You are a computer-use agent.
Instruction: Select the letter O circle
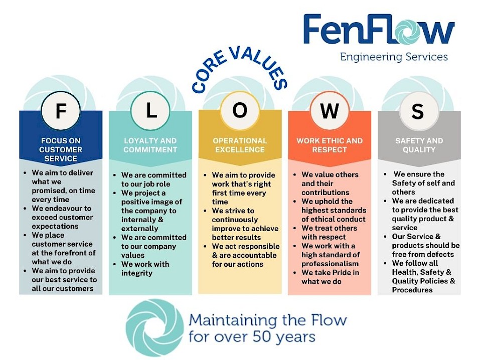point(240,111)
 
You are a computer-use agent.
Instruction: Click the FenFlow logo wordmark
point(379,31)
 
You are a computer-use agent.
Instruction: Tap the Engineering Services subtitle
point(394,57)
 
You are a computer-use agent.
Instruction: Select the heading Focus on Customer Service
point(61,149)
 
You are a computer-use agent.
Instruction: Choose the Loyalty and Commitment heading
point(150,145)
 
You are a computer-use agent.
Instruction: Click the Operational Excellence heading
point(240,145)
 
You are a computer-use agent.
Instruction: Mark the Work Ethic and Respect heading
point(329,145)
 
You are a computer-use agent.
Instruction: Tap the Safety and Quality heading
point(419,145)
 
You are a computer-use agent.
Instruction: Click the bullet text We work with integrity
point(145,268)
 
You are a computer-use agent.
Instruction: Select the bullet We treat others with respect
point(330,232)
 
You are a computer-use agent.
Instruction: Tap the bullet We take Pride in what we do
point(330,277)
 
